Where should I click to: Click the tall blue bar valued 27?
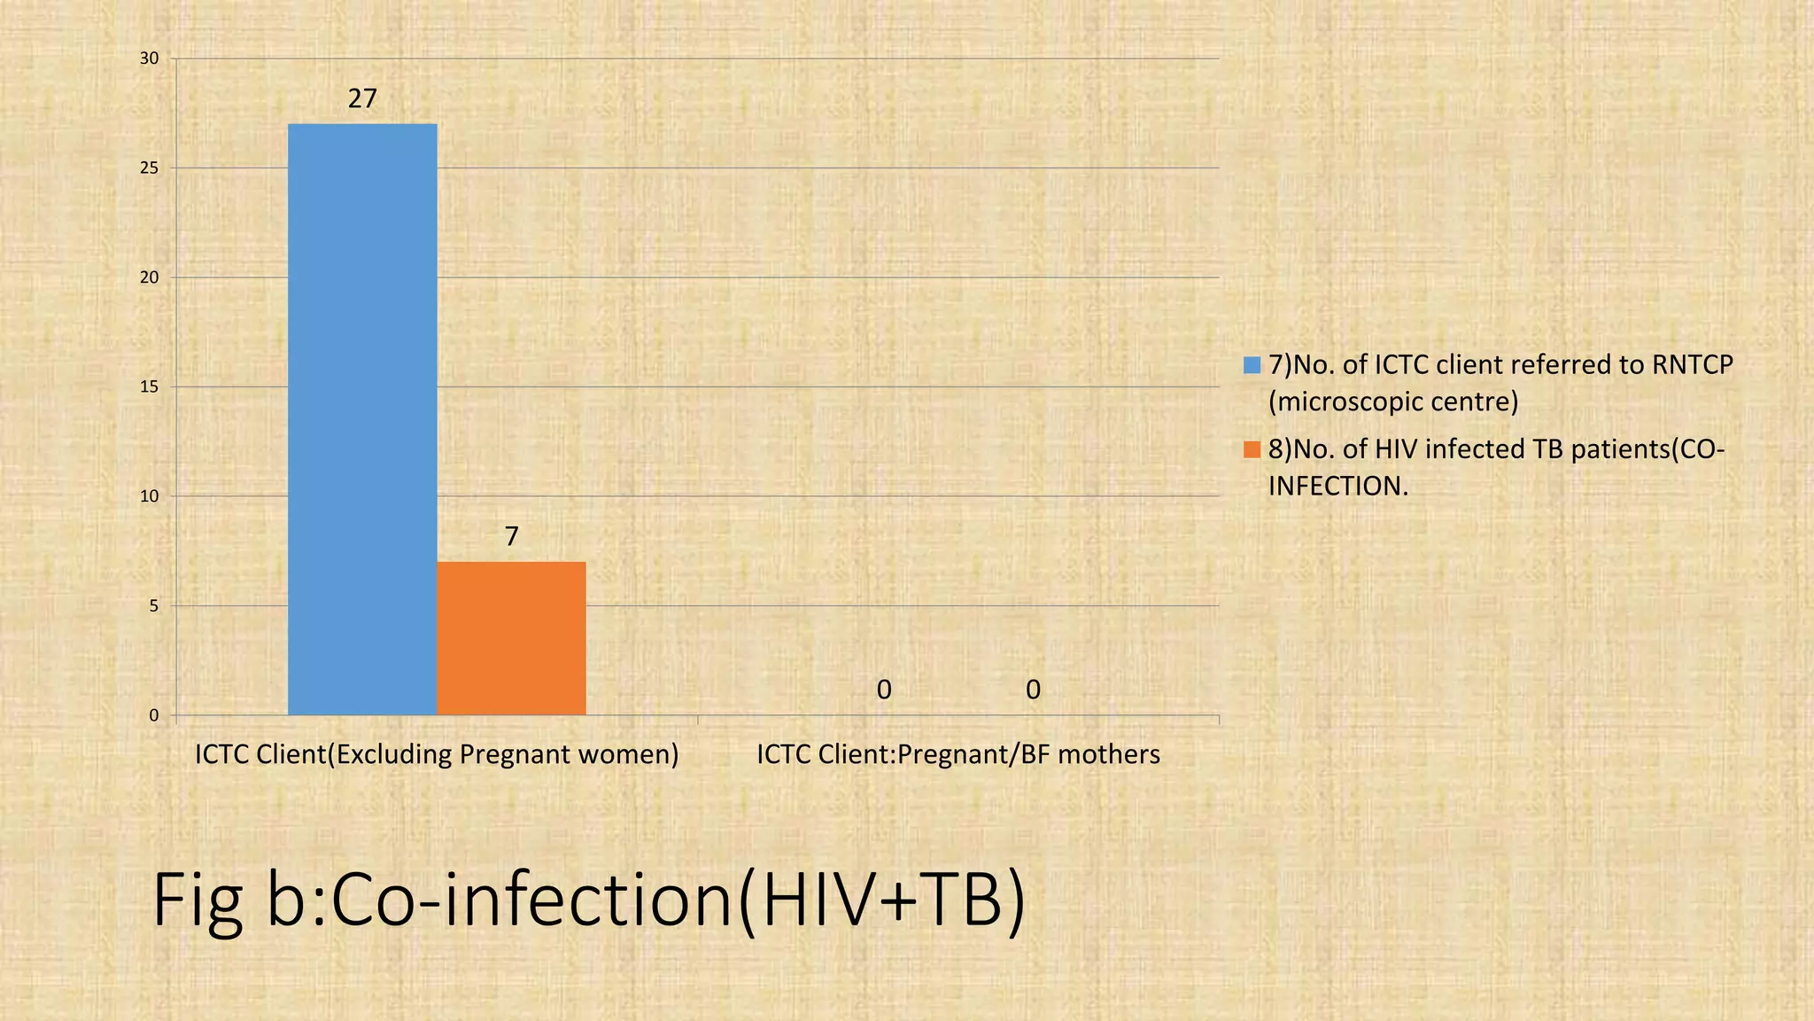tap(362, 418)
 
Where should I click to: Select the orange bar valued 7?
tap(511, 638)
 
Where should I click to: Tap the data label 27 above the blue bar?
tap(362, 98)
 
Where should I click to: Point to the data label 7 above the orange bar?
tap(511, 536)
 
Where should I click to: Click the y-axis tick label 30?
tap(150, 58)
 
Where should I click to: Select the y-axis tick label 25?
tap(150, 168)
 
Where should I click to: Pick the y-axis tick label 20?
tap(150, 277)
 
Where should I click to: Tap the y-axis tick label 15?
tap(150, 387)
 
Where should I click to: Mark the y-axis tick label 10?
tap(150, 496)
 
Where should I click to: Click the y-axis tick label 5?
tap(153, 606)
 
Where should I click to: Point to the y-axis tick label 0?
tap(153, 715)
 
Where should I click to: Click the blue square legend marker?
tap(1252, 365)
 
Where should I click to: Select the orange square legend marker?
tap(1252, 449)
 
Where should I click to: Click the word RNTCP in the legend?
tap(1692, 365)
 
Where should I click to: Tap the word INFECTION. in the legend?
tap(1337, 486)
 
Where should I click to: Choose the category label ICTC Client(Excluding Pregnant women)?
tap(437, 754)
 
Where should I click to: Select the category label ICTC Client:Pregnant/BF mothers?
tap(958, 754)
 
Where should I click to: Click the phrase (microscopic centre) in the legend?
tap(1393, 402)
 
